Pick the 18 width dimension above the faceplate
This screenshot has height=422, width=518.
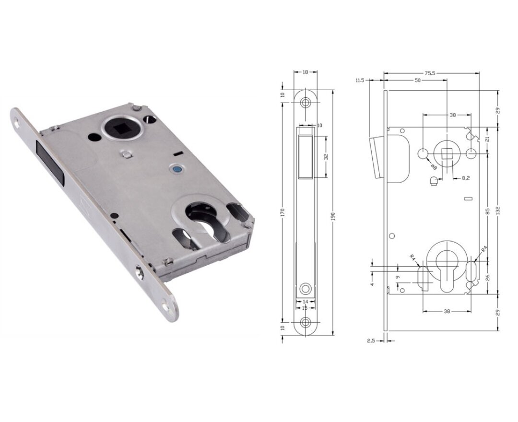coord(305,72)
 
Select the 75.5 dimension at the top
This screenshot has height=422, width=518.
coord(428,73)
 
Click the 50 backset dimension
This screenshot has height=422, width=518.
coord(417,81)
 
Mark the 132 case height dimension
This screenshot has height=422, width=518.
coord(499,211)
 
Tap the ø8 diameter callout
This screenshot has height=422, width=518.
coord(433,166)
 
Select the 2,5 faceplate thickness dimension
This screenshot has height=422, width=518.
coord(371,340)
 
